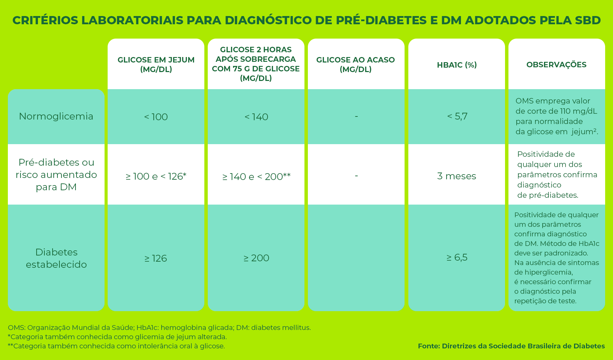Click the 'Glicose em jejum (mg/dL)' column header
coord(156,64)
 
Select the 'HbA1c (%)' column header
coord(457,65)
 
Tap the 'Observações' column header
coord(556,65)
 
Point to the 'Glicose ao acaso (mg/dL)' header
coord(355,64)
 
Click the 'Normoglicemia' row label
coord(56,116)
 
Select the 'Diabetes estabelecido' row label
coord(56,258)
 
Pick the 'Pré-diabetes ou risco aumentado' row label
coord(56,175)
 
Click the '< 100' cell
coord(156,117)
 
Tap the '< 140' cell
coord(256,117)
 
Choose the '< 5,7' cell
coord(457,116)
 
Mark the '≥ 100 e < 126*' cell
coord(156,176)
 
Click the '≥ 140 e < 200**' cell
coord(256,177)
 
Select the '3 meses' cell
coord(457,176)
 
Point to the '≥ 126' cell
coord(156,258)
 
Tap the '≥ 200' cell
coord(256,258)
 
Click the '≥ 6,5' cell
coord(457,258)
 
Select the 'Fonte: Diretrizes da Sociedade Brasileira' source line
coord(511,346)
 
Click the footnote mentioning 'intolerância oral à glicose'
coord(116,346)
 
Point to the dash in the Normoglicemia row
coord(356,116)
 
